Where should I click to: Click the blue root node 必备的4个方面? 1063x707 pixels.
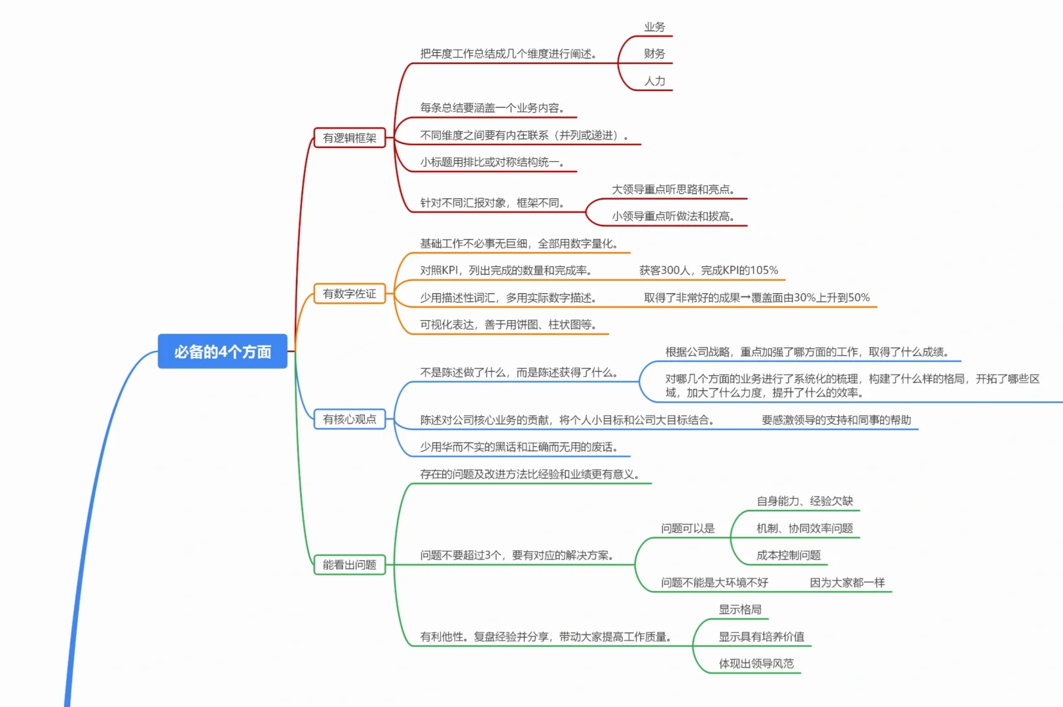pyautogui.click(x=223, y=352)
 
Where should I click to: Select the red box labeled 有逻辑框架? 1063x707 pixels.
pyautogui.click(x=350, y=138)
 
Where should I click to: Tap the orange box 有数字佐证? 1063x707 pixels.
pyautogui.click(x=350, y=294)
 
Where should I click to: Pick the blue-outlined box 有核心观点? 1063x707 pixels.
pyautogui.click(x=350, y=419)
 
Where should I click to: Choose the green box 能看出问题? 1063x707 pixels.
pyautogui.click(x=350, y=564)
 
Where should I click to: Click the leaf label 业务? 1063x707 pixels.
pyautogui.click(x=654, y=27)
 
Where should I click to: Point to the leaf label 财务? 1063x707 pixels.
pyautogui.click(x=654, y=54)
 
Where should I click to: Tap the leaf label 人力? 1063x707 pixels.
pyautogui.click(x=654, y=81)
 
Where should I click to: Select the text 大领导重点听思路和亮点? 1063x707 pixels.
pyautogui.click(x=673, y=189)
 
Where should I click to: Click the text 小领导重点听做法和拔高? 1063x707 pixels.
pyautogui.click(x=673, y=216)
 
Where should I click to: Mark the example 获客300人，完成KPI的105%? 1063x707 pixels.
pyautogui.click(x=709, y=270)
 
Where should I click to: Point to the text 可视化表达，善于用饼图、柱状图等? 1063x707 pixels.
pyautogui.click(x=508, y=325)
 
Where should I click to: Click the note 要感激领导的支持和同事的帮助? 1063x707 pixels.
pyautogui.click(x=836, y=420)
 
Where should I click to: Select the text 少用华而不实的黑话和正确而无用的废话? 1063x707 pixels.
pyautogui.click(x=518, y=447)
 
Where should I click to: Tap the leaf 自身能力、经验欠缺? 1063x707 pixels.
pyautogui.click(x=804, y=501)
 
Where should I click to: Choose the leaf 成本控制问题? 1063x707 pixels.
pyautogui.click(x=788, y=555)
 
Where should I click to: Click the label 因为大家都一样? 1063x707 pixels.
pyautogui.click(x=847, y=583)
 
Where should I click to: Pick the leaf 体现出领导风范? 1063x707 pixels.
pyautogui.click(x=756, y=664)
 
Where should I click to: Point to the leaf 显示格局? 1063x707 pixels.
pyautogui.click(x=740, y=609)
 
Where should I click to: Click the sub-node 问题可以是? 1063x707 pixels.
pyautogui.click(x=688, y=528)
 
